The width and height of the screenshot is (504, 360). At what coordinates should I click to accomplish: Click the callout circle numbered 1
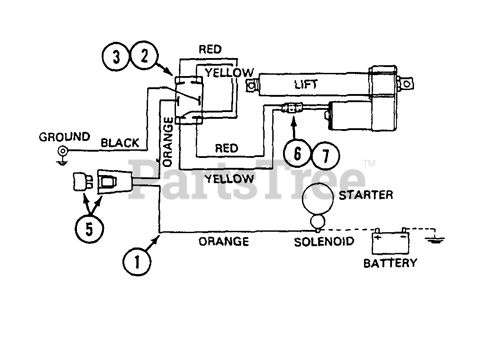click(x=137, y=261)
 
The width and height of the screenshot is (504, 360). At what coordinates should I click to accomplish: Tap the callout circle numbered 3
click(x=116, y=57)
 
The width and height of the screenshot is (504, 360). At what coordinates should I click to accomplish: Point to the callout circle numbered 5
click(x=90, y=229)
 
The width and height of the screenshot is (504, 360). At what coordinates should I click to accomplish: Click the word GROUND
click(x=64, y=137)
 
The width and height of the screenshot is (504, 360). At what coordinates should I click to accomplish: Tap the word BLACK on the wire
click(x=120, y=143)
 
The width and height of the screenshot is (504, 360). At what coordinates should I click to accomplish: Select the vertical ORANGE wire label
click(x=168, y=142)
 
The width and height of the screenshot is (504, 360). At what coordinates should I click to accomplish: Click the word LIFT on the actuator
click(x=306, y=85)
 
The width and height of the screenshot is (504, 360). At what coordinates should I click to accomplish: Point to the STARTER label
click(x=366, y=195)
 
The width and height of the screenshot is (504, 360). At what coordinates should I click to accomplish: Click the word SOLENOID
click(x=324, y=241)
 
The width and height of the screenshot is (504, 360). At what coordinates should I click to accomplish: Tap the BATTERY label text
click(x=390, y=263)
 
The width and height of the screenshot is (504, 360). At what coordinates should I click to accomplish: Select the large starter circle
click(x=318, y=198)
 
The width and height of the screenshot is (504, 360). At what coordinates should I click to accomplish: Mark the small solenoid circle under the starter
click(x=318, y=221)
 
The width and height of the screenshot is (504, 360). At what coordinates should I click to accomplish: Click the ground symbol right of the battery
click(x=435, y=239)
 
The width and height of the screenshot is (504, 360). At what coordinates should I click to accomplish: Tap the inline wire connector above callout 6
click(x=292, y=108)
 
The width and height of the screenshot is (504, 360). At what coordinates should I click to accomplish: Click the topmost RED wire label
click(x=210, y=49)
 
